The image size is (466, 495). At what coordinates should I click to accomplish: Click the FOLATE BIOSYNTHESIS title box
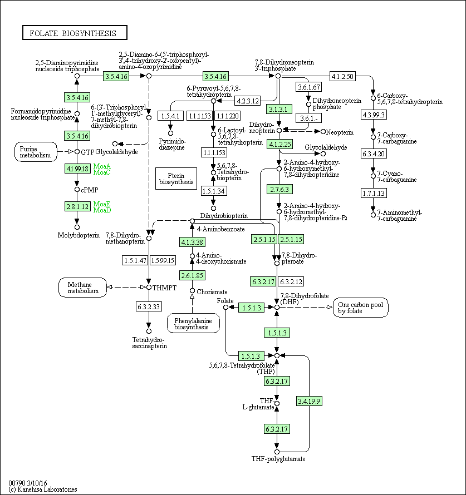click(75, 33)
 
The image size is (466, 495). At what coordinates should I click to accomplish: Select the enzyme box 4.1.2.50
click(342, 76)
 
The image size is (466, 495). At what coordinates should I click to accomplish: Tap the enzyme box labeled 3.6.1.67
click(309, 87)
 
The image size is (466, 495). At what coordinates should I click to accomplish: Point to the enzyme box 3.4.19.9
click(310, 400)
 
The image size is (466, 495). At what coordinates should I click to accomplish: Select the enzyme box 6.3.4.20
click(374, 154)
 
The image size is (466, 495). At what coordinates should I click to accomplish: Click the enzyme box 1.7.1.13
click(374, 193)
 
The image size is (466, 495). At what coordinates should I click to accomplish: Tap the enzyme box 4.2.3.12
click(248, 101)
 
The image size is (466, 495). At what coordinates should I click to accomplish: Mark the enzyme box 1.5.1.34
click(214, 191)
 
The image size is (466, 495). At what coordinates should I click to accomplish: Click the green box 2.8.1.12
click(77, 206)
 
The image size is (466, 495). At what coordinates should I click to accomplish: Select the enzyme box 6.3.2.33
click(149, 306)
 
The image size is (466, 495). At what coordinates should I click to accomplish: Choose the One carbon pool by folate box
click(361, 307)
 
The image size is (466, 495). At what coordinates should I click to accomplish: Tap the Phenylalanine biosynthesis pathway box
click(193, 323)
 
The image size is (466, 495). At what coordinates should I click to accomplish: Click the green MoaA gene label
click(102, 166)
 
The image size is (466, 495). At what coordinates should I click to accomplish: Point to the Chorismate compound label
click(212, 291)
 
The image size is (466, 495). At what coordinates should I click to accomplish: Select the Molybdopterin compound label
click(79, 235)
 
